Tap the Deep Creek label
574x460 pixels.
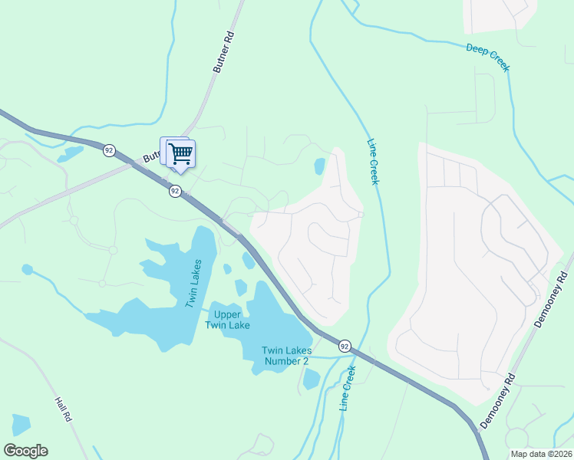pos(487,58)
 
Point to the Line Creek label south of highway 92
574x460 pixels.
pos(348,388)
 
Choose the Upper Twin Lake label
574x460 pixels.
pos(228,320)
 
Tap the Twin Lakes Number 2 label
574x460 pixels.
pos(285,356)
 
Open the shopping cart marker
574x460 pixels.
pos(180,153)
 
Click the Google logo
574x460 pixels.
pos(25,451)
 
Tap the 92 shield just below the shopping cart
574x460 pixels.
pos(175,191)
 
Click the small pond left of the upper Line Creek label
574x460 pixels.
pos(320,166)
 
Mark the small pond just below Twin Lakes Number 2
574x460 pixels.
pos(311,379)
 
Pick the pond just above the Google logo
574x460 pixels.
pos(21,425)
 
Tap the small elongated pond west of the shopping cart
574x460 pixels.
pos(71,153)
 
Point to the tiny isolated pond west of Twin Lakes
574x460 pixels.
pos(28,269)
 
